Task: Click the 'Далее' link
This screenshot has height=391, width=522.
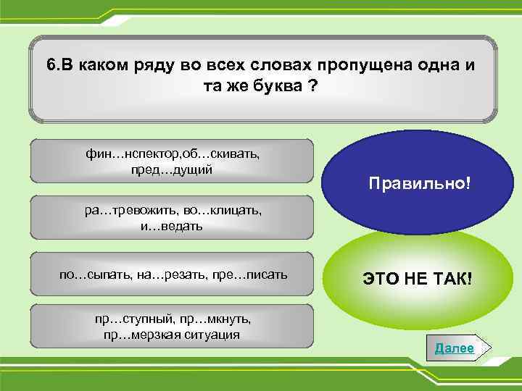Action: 454,348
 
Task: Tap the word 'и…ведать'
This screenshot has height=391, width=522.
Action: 172,226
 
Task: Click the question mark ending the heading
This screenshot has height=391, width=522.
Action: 313,85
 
